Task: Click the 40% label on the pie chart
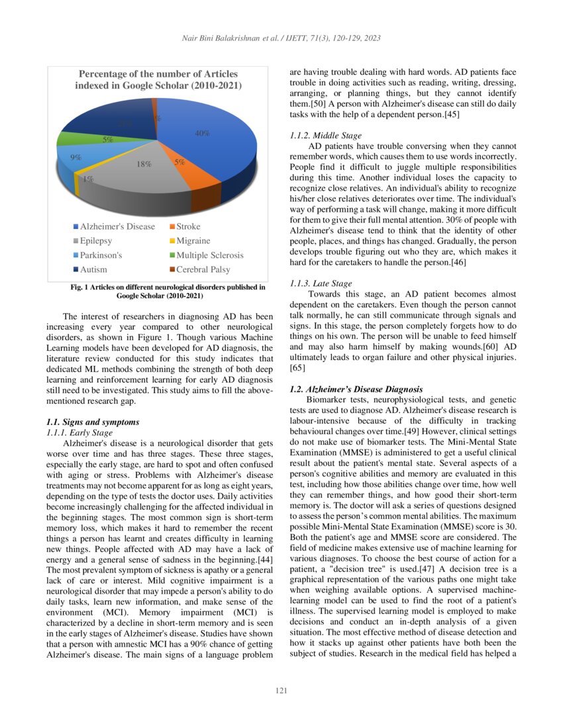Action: tap(202, 133)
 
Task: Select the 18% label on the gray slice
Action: tap(144, 164)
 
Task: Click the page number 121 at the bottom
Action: tap(281, 692)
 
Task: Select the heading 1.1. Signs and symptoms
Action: tap(92, 422)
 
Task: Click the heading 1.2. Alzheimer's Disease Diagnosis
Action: tap(356, 388)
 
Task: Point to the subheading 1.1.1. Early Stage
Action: tap(79, 432)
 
